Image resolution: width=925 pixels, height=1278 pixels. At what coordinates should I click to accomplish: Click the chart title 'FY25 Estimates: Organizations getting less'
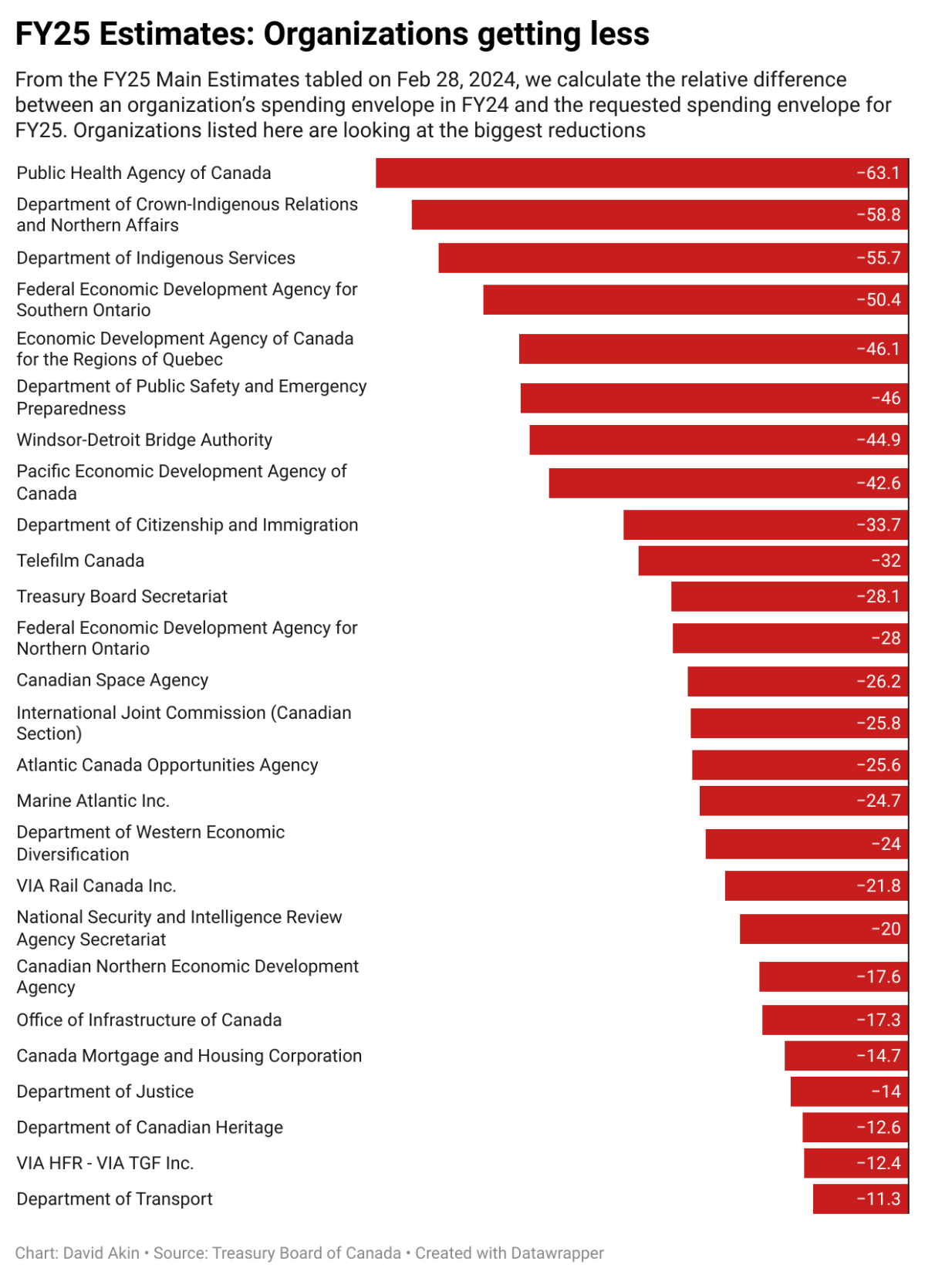[332, 34]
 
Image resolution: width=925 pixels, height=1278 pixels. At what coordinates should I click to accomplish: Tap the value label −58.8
[878, 214]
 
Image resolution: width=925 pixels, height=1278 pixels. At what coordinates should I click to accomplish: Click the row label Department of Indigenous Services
[156, 258]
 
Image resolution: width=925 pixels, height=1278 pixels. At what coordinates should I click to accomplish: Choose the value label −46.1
[878, 349]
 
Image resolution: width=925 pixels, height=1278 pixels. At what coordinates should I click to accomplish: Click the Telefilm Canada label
[80, 561]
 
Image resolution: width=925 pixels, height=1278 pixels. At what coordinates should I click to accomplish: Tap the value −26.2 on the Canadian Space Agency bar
[878, 681]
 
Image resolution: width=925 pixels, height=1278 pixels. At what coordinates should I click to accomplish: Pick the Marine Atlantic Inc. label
[93, 801]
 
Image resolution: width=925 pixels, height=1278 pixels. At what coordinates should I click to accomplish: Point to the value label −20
[886, 929]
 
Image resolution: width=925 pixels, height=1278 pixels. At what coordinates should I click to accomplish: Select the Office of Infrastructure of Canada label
[149, 1020]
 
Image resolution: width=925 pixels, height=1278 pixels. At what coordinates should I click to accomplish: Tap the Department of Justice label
[105, 1091]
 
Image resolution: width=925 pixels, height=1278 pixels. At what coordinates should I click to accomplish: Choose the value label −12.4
[878, 1162]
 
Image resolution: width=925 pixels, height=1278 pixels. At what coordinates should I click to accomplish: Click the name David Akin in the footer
[101, 1253]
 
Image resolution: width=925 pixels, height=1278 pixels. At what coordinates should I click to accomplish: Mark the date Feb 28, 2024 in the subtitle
[455, 79]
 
